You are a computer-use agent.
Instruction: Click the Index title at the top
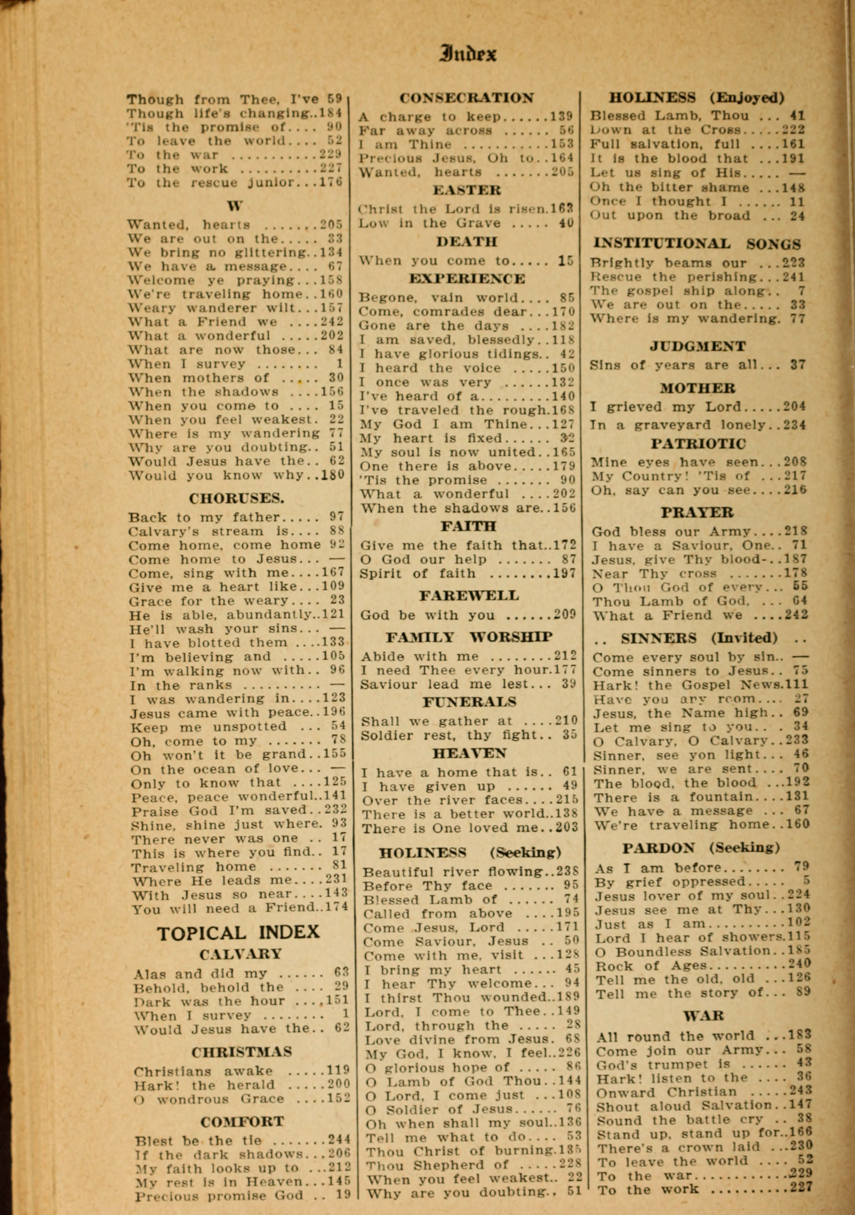pyautogui.click(x=468, y=54)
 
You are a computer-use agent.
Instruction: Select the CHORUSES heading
pyautogui.click(x=237, y=498)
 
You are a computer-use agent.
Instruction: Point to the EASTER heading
pyautogui.click(x=467, y=190)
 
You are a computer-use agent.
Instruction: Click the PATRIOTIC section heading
pyautogui.click(x=699, y=444)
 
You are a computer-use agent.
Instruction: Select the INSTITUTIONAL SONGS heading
pyautogui.click(x=697, y=244)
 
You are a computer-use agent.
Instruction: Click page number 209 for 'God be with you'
pyautogui.click(x=565, y=615)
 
